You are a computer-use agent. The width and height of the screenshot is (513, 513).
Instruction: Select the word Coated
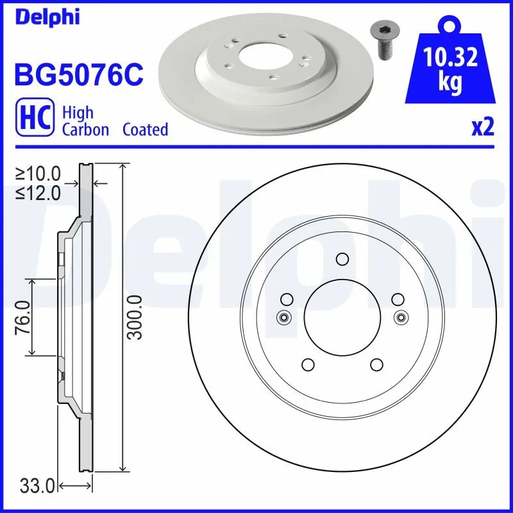(145, 130)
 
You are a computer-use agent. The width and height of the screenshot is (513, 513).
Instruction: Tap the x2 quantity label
(482, 128)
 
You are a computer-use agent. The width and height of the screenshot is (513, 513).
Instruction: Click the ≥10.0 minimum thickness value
(39, 173)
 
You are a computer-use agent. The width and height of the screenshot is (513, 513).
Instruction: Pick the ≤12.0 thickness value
(39, 192)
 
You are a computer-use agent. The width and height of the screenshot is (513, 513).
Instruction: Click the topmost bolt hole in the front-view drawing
(342, 259)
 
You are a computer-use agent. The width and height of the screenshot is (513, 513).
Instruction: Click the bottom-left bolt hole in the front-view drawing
(307, 365)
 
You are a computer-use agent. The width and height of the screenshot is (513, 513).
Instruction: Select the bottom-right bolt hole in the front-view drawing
(377, 365)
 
